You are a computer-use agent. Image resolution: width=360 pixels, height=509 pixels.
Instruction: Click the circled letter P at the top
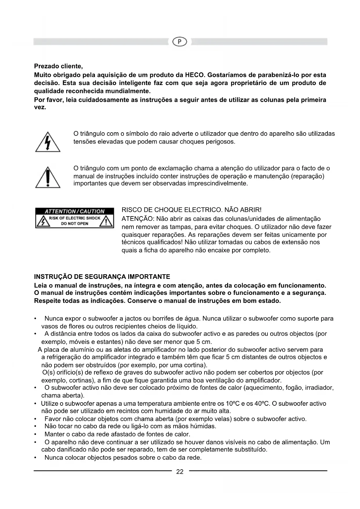[180, 42]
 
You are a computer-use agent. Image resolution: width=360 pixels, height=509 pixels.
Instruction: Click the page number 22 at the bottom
[180, 472]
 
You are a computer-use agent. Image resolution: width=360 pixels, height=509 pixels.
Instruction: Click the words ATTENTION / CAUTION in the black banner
[75, 211]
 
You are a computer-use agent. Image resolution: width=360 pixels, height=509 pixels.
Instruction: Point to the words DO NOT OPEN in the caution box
[74, 224]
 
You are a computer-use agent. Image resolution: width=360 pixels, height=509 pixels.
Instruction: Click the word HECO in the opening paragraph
[194, 75]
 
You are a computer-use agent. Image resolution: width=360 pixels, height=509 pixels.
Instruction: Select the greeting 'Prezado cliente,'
[59, 66]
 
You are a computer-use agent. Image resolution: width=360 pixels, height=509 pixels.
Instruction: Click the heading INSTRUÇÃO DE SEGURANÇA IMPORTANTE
[102, 277]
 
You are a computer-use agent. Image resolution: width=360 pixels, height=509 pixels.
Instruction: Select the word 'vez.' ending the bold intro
[40, 107]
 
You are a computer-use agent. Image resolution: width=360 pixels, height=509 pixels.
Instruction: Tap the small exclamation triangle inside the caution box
[106, 222]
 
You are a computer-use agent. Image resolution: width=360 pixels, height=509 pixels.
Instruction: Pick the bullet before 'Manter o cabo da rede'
[35, 434]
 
